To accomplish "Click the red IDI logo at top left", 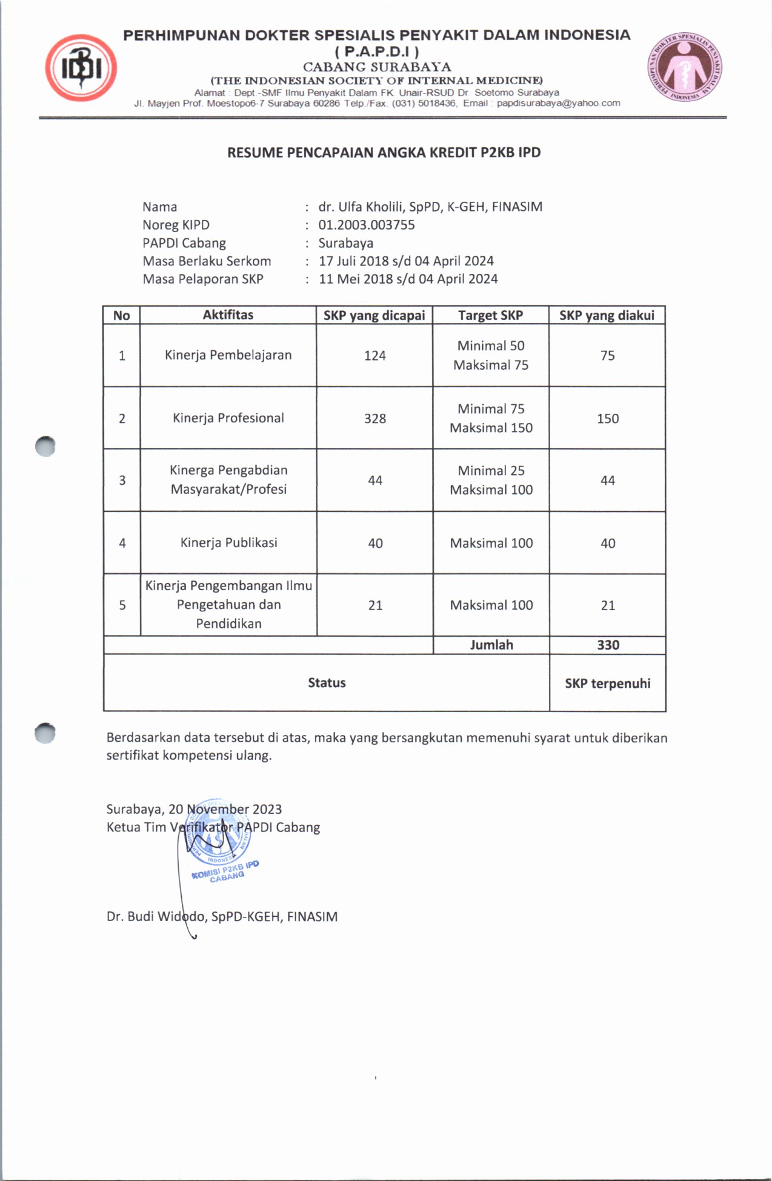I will point(81,67).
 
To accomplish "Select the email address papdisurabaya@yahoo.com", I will point(558,103).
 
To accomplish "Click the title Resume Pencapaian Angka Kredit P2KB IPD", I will point(384,153).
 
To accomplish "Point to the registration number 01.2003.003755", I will point(367,225).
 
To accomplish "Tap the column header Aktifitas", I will point(228,314).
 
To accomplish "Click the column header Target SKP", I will point(490,315).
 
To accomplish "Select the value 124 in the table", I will point(374,356).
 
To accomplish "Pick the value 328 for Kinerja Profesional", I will point(374,419).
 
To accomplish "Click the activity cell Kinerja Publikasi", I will point(228,543).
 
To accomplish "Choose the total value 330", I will point(608,645).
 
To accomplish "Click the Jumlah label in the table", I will point(491,645).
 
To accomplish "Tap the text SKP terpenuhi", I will point(608,684).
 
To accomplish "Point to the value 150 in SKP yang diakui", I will point(608,419).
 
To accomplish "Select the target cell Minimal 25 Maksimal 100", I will point(491,480).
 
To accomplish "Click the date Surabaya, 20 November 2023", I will point(194,809).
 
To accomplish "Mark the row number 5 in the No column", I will point(122,605).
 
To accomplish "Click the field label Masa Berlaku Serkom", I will point(207,261).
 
